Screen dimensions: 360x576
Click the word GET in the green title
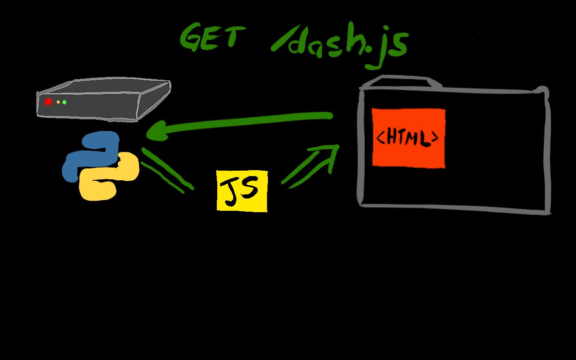pos(209,37)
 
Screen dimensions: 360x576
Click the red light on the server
pos(48,102)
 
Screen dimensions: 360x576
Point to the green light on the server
pos(64,102)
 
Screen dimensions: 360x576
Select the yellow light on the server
pos(58,102)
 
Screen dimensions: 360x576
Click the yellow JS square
pos(242,191)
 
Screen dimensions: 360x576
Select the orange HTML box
pos(408,137)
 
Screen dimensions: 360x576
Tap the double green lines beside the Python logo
pos(167,170)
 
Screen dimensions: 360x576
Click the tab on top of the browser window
pos(400,82)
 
